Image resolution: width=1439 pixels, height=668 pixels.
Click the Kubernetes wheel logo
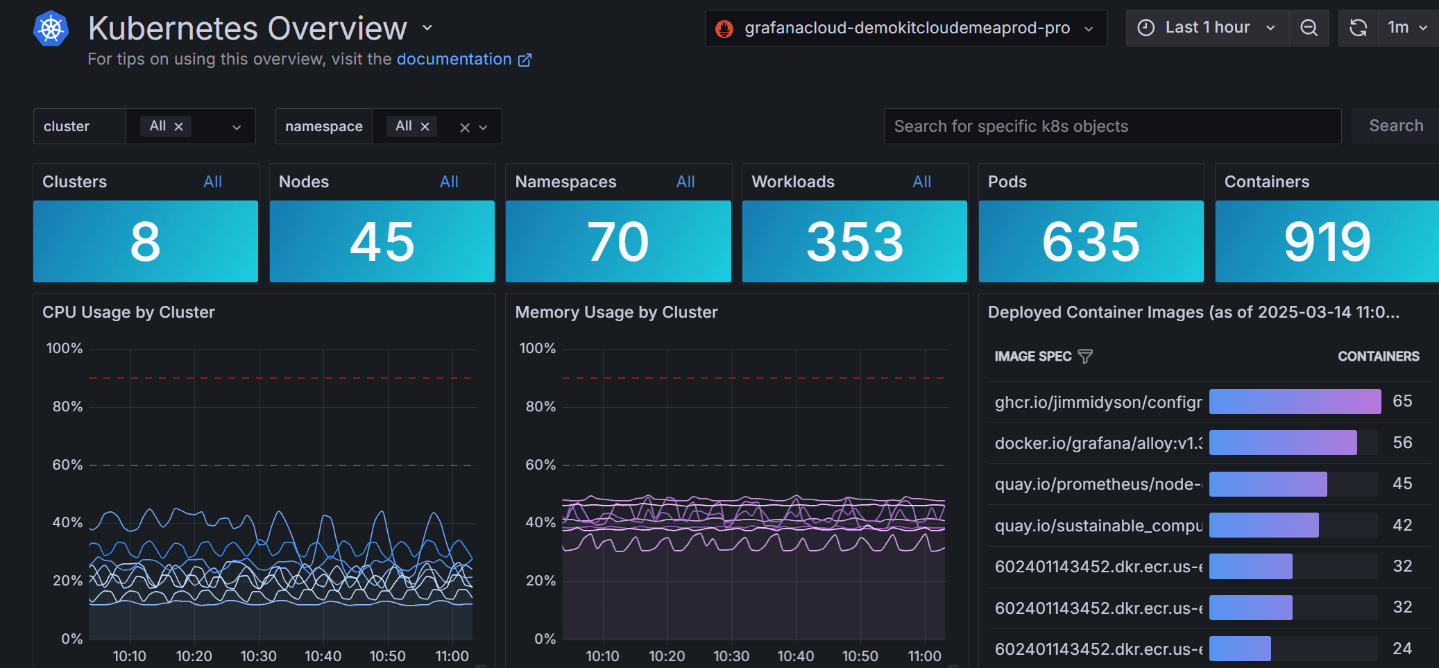click(x=51, y=29)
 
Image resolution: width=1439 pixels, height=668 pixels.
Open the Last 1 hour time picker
click(x=1207, y=28)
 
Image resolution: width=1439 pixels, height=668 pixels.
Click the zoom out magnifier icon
click(x=1309, y=28)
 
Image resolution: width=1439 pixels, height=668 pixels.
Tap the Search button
click(x=1395, y=126)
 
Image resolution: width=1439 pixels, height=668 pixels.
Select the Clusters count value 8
click(x=145, y=241)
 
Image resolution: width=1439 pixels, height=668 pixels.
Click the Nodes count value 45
click(x=382, y=241)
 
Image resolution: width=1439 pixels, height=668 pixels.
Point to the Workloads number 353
click(x=855, y=241)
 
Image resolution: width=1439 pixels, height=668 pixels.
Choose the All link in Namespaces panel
click(x=685, y=182)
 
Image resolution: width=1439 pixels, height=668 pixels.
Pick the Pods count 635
click(x=1091, y=241)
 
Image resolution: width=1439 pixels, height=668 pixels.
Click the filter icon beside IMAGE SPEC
click(x=1085, y=357)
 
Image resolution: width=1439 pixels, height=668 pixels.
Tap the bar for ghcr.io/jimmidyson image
click(x=1295, y=402)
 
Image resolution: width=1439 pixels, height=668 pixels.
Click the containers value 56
click(x=1402, y=443)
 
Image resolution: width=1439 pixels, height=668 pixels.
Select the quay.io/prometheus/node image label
click(x=1098, y=484)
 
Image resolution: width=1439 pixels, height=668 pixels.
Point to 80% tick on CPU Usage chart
click(x=67, y=406)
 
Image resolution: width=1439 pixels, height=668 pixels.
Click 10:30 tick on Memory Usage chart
click(x=731, y=656)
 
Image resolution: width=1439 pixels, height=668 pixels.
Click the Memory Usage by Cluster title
click(x=616, y=312)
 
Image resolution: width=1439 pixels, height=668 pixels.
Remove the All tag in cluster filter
click(x=178, y=126)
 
